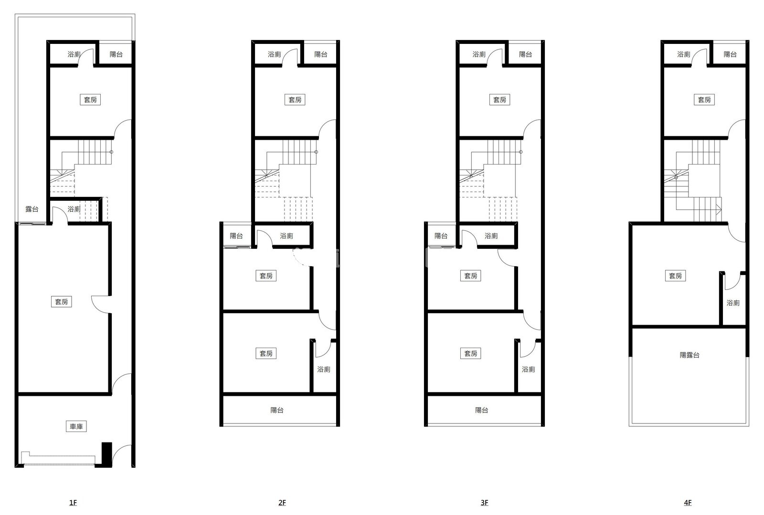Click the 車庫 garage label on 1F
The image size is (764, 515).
coord(76,426)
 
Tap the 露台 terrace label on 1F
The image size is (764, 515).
coord(32,209)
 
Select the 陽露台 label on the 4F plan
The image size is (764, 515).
coord(690,355)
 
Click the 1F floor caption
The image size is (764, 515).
coord(73,503)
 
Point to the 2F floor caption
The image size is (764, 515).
coord(282,503)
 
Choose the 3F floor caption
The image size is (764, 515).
coord(484,503)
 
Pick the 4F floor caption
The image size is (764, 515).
coord(688,503)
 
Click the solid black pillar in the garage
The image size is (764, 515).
coord(107,454)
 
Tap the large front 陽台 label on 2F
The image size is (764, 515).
coord(277,411)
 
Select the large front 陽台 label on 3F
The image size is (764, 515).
coord(482,411)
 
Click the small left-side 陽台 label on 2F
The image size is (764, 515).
coord(236,236)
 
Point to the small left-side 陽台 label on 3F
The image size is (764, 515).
coord(441,236)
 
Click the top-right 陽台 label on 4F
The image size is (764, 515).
coord(730,54)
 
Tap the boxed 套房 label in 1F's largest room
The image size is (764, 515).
coord(62,302)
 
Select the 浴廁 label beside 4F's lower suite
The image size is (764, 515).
coord(733,303)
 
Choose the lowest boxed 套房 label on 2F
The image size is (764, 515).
coord(266,353)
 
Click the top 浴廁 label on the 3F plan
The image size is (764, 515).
coord(479,54)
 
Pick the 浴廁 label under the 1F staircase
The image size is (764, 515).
coord(74,209)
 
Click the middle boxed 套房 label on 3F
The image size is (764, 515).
coord(471,276)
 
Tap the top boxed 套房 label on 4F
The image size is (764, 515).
coord(704,100)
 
